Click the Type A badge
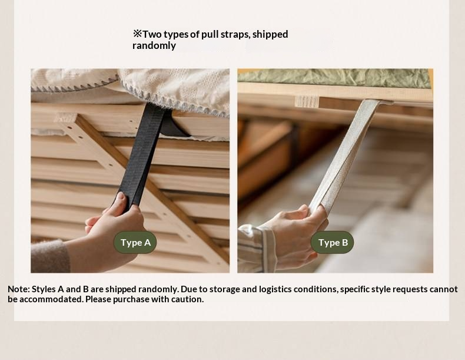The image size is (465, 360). tap(135, 243)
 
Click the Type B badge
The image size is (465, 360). tap(333, 243)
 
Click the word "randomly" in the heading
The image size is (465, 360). tap(154, 46)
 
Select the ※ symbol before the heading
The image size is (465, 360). tap(137, 34)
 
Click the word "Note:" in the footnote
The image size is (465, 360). tap(19, 289)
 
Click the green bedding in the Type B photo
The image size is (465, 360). tap(334, 77)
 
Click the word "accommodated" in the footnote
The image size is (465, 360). tap(52, 299)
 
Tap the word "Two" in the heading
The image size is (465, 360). tap(152, 34)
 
